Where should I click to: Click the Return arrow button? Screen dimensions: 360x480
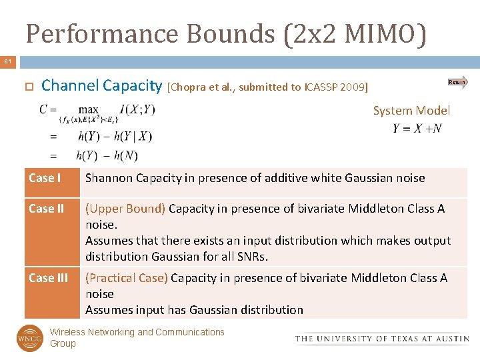click(x=457, y=82)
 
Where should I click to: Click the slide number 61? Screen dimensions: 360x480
click(x=7, y=62)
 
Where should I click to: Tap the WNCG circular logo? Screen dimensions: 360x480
click(x=29, y=337)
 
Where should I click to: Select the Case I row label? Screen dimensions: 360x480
click(x=45, y=178)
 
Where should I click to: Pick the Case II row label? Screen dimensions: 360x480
click(x=47, y=209)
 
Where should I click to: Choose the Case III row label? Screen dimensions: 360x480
click(x=48, y=278)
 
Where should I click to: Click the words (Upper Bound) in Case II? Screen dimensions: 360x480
click(x=125, y=209)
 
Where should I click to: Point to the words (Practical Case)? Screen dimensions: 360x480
click(x=127, y=278)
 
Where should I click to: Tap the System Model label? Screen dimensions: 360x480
click(x=411, y=111)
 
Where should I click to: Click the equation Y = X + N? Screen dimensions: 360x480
click(x=417, y=129)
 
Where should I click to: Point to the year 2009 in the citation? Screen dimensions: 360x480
click(x=352, y=87)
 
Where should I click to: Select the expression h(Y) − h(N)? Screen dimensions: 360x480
click(x=107, y=155)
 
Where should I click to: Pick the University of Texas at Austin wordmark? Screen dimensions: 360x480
click(x=382, y=339)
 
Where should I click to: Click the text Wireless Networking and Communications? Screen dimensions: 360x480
click(x=137, y=332)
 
